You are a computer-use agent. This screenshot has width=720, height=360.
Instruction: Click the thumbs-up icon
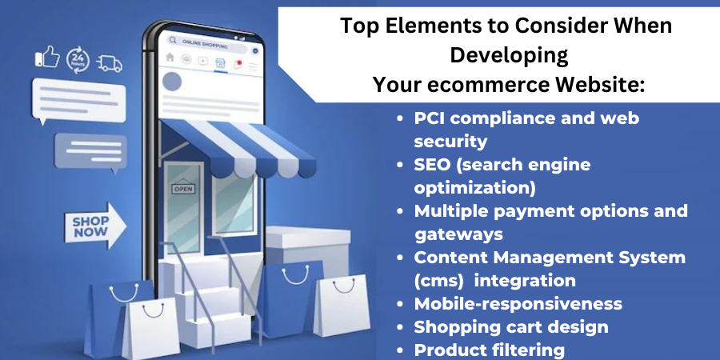(48, 57)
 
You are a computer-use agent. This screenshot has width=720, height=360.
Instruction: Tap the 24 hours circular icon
(78, 60)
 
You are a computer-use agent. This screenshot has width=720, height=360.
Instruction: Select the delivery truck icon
(110, 64)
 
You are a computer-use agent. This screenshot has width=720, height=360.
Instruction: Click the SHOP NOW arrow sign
(95, 226)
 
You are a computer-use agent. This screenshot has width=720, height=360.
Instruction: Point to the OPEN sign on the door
(182, 188)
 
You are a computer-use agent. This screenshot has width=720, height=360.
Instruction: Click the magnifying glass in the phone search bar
(173, 41)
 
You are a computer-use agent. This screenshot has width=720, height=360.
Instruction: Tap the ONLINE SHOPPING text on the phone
(205, 44)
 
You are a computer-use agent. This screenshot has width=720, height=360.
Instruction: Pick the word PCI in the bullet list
(430, 118)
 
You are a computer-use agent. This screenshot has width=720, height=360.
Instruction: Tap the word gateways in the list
(458, 234)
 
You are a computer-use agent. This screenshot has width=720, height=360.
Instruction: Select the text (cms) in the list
(438, 281)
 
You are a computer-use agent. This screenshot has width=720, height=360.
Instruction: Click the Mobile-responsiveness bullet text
(518, 303)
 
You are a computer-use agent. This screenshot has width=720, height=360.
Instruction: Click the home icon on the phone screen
(170, 57)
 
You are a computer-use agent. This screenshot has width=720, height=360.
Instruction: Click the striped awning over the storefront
(238, 148)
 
